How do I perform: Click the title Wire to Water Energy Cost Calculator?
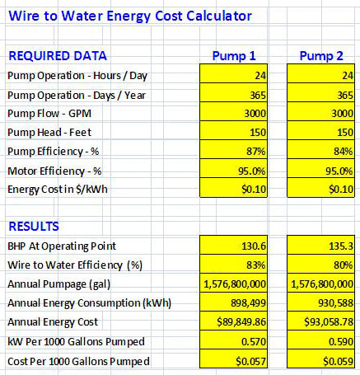(130, 16)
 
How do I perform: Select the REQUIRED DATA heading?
(58, 56)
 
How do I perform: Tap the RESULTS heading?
(34, 227)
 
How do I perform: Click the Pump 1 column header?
(234, 56)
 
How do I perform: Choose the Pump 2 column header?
(321, 56)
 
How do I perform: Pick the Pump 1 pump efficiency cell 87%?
(233, 150)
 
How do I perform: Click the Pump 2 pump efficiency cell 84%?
(320, 150)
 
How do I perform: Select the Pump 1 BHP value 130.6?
(233, 245)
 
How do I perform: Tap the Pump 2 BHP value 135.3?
(320, 245)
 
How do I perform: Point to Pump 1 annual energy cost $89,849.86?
(233, 321)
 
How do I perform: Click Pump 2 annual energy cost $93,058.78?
(320, 321)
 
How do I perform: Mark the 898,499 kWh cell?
(233, 302)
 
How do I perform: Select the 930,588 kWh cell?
(320, 302)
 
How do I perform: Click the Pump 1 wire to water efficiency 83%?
(233, 264)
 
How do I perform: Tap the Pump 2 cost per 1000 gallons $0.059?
(320, 359)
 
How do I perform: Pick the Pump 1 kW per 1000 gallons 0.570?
(233, 340)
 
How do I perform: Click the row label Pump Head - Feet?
(49, 133)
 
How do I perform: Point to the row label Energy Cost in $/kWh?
(58, 190)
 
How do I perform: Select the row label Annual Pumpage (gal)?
(58, 284)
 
